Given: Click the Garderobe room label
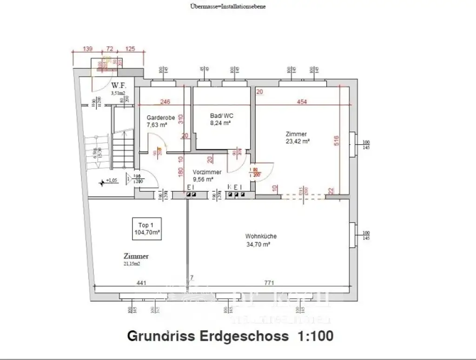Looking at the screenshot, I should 160,118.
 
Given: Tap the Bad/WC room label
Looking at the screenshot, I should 220,116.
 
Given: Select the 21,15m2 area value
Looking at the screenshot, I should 132,264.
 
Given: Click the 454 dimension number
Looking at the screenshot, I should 302,102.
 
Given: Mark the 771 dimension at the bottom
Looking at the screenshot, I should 268,282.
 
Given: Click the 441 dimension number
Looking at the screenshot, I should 141,282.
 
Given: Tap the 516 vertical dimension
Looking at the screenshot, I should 336,140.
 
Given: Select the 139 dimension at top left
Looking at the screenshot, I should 87,48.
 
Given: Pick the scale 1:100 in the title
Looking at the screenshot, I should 314,336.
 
